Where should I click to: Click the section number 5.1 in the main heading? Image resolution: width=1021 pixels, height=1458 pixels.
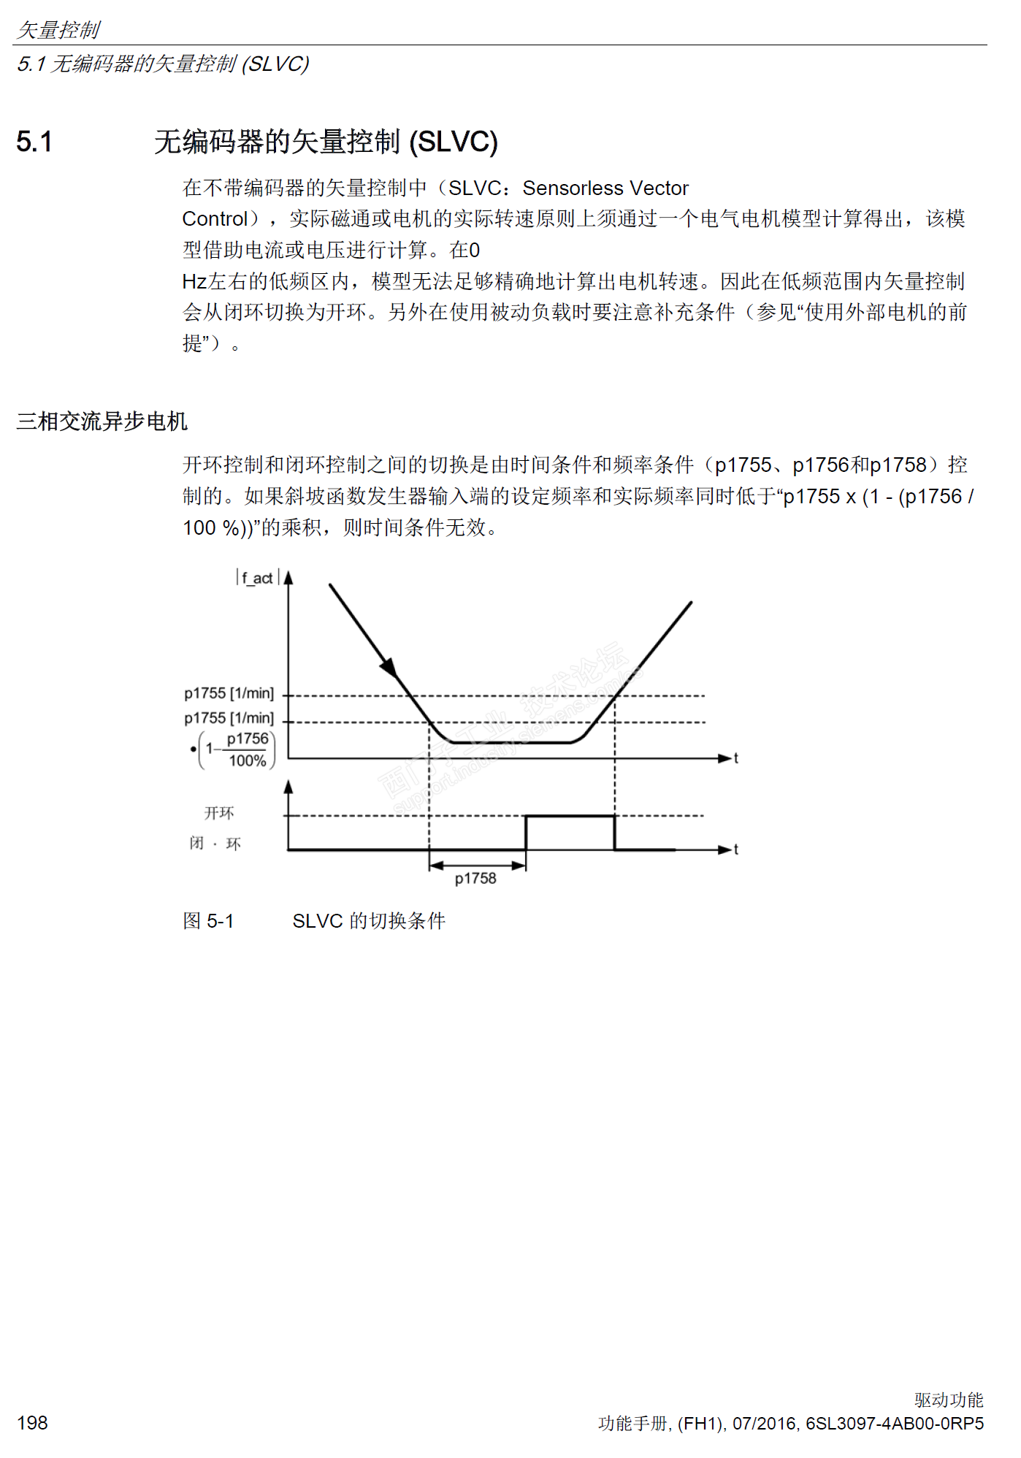click(34, 142)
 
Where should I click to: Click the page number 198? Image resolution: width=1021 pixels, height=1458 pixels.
click(32, 1422)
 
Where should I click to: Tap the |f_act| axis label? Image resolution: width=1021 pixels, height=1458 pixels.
click(257, 578)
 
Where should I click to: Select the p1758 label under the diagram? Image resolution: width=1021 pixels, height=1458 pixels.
click(475, 878)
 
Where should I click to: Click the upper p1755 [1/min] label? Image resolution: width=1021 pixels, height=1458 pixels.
click(229, 693)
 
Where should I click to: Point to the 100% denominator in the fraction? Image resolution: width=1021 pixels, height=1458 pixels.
click(248, 760)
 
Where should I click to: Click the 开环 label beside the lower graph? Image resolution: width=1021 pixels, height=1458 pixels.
click(219, 813)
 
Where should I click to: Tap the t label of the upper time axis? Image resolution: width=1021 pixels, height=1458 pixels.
click(735, 758)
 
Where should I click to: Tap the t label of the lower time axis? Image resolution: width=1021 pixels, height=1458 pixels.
click(735, 850)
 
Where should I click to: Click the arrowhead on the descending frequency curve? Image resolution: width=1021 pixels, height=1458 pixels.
click(389, 665)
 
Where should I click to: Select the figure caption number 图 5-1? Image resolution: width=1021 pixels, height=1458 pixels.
click(208, 920)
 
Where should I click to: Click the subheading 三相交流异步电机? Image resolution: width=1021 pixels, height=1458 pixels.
click(102, 421)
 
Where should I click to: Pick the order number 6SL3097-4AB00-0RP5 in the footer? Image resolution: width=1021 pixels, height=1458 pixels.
click(895, 1423)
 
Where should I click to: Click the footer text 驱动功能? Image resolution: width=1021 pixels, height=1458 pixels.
click(949, 1400)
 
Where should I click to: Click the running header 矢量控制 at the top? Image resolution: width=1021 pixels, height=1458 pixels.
click(58, 30)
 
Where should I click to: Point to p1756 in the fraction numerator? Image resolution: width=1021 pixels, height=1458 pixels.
click(248, 738)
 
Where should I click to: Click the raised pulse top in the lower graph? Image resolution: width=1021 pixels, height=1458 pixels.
click(570, 816)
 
